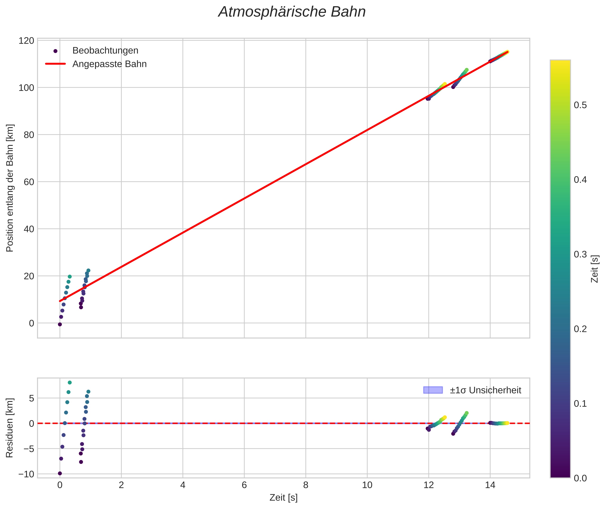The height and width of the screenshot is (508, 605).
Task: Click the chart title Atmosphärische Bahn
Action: (x=292, y=12)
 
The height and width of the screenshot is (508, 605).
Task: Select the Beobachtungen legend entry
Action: (x=105, y=51)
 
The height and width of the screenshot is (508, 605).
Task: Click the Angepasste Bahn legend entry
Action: (x=109, y=64)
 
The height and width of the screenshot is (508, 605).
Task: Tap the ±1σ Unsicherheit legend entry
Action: (x=485, y=390)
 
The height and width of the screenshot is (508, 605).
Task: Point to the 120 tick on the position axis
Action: (x=26, y=41)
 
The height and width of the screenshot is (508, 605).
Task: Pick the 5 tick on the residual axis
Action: (x=31, y=399)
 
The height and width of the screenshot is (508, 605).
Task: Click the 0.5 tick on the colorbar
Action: (x=580, y=105)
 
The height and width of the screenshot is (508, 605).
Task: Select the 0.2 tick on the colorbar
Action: (x=580, y=329)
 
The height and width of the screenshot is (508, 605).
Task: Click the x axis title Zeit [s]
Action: (x=283, y=498)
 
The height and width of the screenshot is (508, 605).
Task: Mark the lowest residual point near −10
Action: (x=60, y=473)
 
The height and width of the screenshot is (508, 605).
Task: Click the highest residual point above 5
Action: (x=70, y=382)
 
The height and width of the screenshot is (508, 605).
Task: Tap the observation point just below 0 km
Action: (x=60, y=324)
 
